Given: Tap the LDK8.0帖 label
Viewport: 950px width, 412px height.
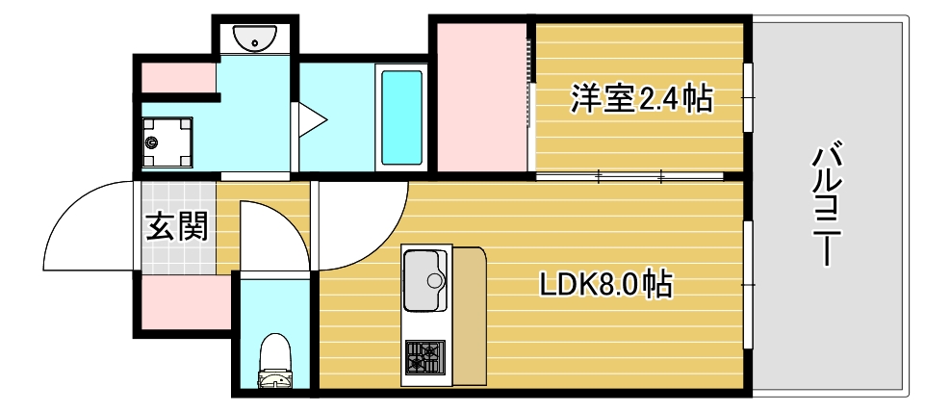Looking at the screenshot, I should coord(603,284).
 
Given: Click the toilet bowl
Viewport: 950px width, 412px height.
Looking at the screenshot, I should coord(276,361).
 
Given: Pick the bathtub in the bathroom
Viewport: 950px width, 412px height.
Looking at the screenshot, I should coord(401,116).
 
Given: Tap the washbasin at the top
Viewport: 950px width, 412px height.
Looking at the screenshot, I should coord(256,39).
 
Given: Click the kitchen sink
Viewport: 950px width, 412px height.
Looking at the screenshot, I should coord(425,280).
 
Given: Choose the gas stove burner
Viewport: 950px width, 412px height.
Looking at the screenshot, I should coord(424,357).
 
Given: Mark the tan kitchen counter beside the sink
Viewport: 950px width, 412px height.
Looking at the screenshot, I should coord(469,316).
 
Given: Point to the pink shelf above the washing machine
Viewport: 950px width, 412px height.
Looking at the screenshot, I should coord(178,76).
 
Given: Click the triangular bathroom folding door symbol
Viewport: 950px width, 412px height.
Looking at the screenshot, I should coord(311,119).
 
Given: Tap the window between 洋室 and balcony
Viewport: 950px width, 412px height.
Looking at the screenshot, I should coord(748,98).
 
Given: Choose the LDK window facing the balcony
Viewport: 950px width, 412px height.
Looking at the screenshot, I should coord(748,285).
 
